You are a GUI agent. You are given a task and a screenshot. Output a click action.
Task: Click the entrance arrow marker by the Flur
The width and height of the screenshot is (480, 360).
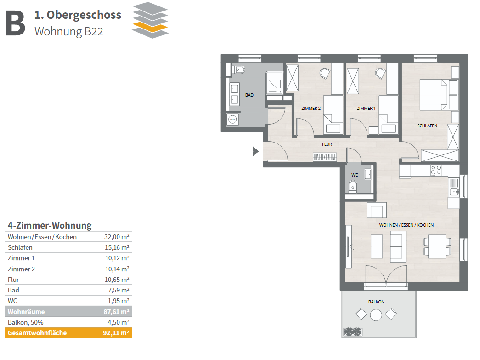click(x=255, y=151)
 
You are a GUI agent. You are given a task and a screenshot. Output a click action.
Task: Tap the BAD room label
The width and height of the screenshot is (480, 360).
click(x=249, y=95)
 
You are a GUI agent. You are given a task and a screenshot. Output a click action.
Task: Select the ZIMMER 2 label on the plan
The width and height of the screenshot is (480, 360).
click(x=311, y=108)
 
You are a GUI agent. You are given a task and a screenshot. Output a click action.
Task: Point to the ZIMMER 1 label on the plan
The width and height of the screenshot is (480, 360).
click(x=366, y=108)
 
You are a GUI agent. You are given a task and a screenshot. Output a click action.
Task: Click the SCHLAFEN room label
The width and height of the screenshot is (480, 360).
click(x=427, y=126)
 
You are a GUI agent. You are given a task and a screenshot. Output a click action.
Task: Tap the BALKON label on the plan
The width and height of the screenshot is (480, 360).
click(x=376, y=302)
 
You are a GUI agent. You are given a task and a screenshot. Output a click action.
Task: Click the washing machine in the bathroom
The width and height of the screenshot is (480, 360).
click(x=232, y=119)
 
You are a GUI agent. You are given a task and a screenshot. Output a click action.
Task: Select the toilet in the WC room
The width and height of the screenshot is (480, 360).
click(x=353, y=187)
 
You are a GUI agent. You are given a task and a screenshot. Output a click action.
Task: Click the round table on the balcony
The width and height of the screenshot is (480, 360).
click(x=376, y=315)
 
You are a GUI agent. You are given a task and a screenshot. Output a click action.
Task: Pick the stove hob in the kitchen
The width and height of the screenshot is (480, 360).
click(x=436, y=170)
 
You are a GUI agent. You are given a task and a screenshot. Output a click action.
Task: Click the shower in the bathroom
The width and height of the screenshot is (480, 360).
click(x=274, y=82)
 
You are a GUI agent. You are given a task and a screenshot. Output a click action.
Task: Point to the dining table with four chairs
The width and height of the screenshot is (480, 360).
click(x=437, y=246)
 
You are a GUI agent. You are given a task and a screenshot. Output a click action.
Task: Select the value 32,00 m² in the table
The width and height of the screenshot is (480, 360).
click(x=117, y=237)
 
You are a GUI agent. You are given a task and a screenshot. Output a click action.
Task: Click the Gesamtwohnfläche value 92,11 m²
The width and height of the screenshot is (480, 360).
click(x=116, y=333)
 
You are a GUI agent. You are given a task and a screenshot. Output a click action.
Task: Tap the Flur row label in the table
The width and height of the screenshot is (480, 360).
click(x=13, y=280)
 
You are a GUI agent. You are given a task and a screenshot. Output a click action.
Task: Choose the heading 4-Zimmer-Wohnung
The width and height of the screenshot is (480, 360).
click(x=50, y=225)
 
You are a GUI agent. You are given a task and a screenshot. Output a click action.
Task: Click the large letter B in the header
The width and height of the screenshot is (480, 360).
click(x=16, y=23)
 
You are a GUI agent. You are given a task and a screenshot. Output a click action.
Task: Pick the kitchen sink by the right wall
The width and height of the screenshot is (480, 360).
click(x=454, y=192)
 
